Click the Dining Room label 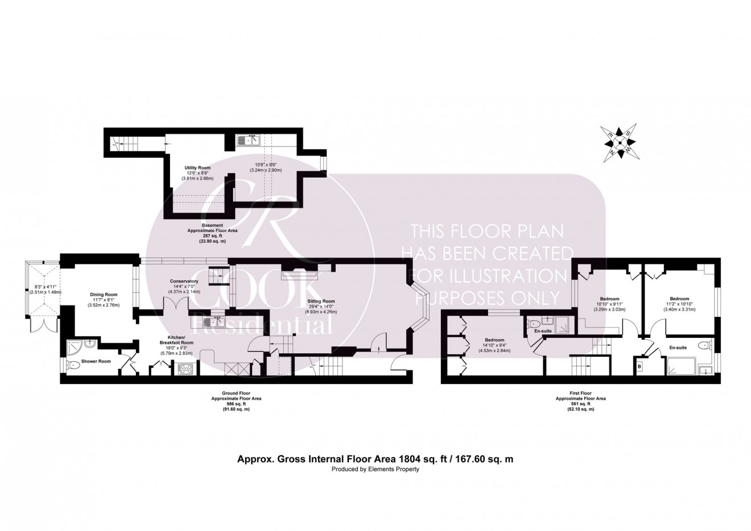tap(103, 295)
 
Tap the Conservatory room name tap(184, 281)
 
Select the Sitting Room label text tap(321, 301)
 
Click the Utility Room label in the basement tap(197, 168)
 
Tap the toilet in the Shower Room tap(72, 366)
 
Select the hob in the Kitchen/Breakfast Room tap(187, 369)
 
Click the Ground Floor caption tap(234, 393)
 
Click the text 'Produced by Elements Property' tap(375, 469)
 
